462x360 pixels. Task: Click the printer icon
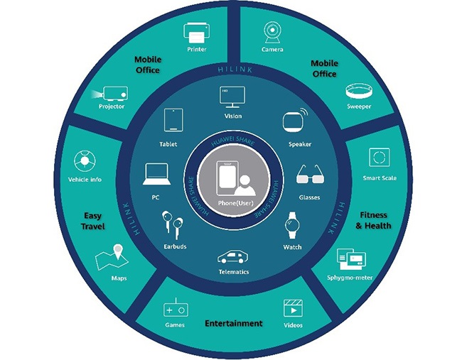tap(197, 32)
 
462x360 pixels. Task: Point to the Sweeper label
tap(358, 107)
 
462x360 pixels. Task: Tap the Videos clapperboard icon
tap(294, 309)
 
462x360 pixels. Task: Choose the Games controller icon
tap(175, 310)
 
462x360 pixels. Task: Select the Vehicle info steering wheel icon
tap(84, 159)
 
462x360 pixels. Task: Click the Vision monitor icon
tap(232, 97)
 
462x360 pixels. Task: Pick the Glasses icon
tap(309, 175)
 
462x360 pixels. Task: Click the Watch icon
tap(292, 227)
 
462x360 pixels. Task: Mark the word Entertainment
tap(233, 324)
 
